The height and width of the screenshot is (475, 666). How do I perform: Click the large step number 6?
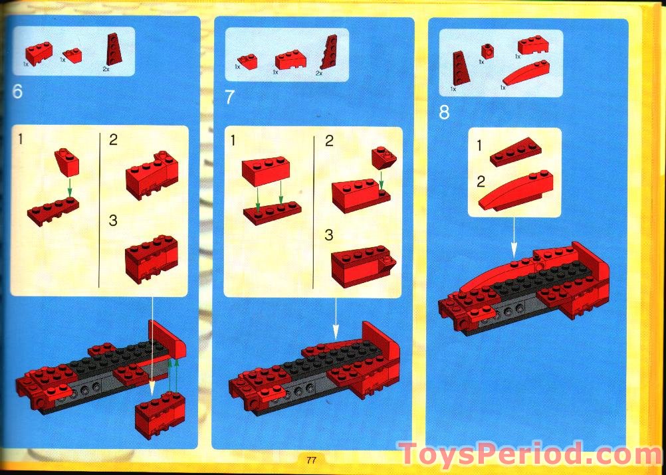[x=17, y=92]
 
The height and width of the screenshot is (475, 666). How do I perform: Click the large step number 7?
[x=230, y=98]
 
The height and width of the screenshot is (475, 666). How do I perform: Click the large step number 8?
[x=444, y=112]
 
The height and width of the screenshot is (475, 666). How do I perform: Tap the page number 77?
[x=311, y=460]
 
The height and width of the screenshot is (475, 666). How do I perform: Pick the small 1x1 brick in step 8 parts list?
[x=488, y=51]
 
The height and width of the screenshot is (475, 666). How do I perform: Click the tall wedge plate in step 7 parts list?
[x=329, y=54]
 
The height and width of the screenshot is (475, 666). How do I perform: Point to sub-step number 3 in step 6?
[x=113, y=221]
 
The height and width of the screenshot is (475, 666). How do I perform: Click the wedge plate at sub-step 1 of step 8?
[x=515, y=151]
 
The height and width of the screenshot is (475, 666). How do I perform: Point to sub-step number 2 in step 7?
[x=329, y=141]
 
